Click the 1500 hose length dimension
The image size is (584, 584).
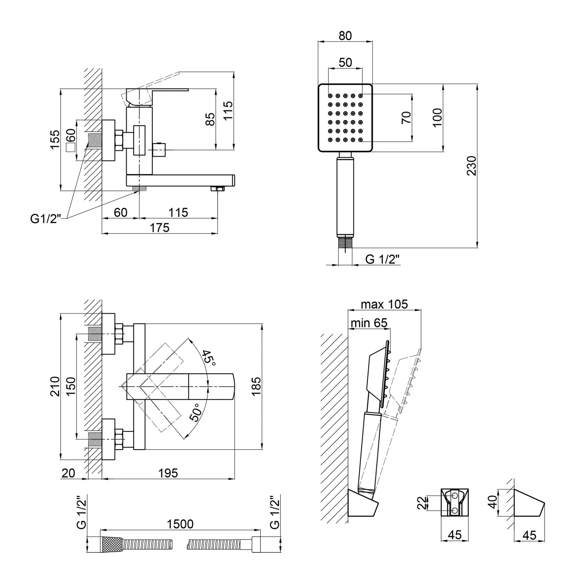point(180,524)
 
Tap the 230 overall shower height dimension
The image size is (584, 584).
point(471,166)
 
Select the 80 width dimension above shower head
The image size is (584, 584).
point(345,35)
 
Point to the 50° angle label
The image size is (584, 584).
point(195,412)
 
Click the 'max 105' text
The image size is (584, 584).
point(384,304)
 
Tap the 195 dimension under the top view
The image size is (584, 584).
point(169,473)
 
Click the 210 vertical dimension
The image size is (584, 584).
point(55,386)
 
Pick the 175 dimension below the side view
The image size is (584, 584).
point(160,228)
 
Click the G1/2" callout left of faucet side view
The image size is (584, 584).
point(46,219)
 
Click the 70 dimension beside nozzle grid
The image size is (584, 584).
point(407,117)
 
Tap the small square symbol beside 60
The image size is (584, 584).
point(70,148)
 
